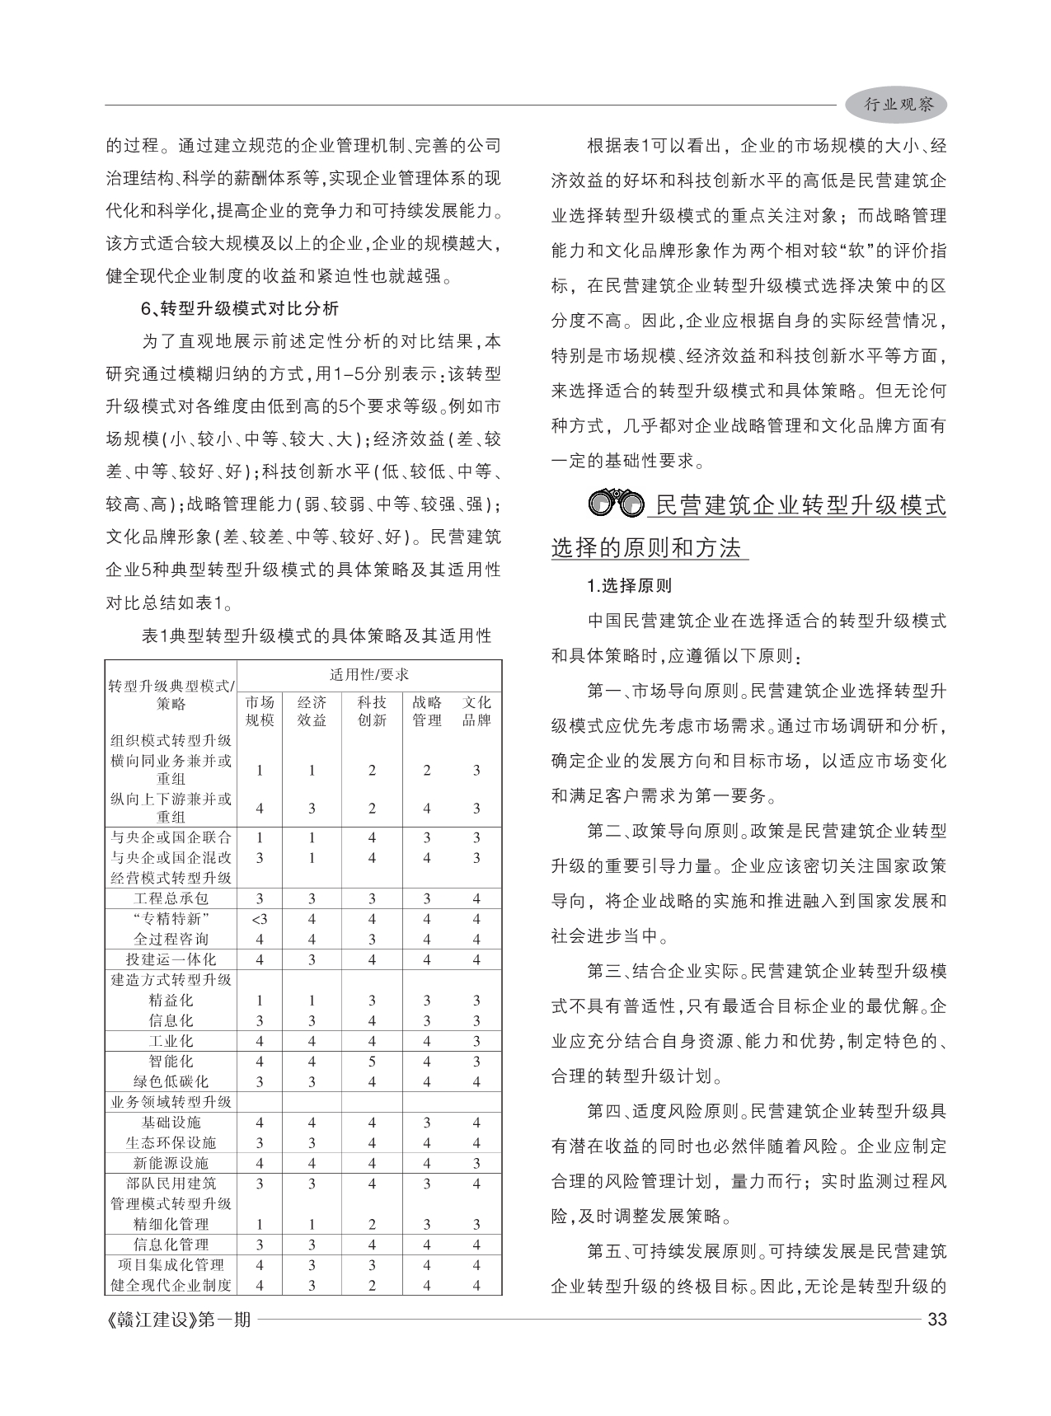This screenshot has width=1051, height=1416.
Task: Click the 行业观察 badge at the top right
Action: pos(897,105)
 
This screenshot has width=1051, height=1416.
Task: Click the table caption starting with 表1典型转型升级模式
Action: pos(317,635)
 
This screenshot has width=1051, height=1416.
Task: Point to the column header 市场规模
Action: pos(260,711)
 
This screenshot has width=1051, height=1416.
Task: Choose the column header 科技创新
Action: pos(372,711)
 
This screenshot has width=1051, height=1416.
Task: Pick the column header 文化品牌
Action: pos(476,711)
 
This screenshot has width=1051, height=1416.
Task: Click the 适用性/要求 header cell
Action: pos(369,675)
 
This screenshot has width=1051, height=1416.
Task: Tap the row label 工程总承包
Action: pos(171,898)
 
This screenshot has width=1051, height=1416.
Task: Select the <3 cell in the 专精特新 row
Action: pos(260,919)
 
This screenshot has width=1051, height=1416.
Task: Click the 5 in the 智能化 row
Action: pos(372,1062)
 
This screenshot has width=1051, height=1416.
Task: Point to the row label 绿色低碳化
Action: pos(171,1081)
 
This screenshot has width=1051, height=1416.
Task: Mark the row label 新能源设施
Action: pos(171,1163)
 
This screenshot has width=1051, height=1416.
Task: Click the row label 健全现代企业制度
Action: pos(171,1285)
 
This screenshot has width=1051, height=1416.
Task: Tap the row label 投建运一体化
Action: pos(171,959)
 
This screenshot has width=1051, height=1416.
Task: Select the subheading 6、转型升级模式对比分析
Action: pos(240,309)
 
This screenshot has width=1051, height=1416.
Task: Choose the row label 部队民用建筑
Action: pos(171,1184)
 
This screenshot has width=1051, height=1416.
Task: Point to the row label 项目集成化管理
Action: pos(171,1264)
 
